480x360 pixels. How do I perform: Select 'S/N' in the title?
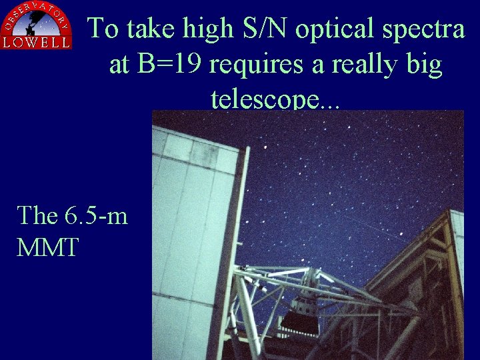pos(249,29)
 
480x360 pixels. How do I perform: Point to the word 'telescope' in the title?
pos(265,100)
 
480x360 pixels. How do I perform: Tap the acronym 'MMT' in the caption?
pos(47,247)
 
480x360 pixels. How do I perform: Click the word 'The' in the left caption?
pos(39,215)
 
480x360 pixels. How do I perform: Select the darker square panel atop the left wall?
pos(205,155)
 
